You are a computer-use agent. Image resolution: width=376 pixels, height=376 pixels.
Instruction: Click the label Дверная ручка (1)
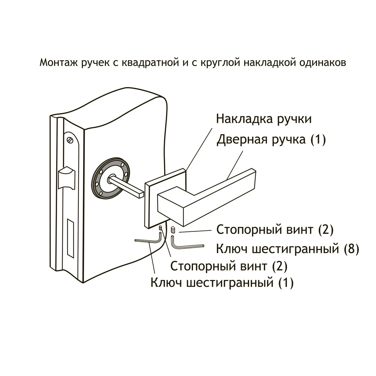(x=271, y=139)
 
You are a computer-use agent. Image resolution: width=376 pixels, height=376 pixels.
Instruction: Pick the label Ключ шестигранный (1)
(x=222, y=283)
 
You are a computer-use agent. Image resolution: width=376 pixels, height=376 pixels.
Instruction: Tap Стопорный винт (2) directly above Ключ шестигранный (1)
(x=229, y=266)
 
